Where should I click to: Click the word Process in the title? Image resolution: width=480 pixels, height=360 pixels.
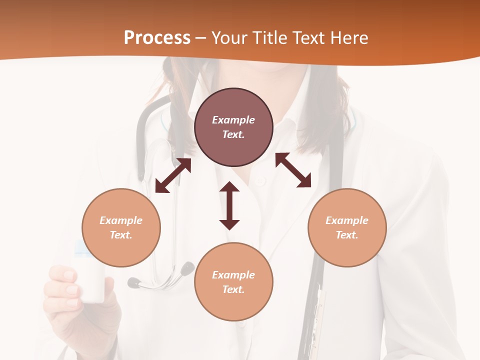click(x=157, y=38)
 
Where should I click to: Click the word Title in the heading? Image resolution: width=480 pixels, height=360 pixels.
click(x=268, y=38)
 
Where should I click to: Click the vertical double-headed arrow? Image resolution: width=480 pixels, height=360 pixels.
click(x=229, y=206)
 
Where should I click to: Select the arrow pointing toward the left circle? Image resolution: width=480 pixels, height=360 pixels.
click(x=173, y=175)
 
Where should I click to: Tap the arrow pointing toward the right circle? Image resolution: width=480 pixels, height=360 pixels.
click(x=293, y=170)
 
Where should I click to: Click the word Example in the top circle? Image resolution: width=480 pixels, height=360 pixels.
click(x=233, y=120)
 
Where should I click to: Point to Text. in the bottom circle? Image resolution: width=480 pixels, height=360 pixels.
click(x=233, y=289)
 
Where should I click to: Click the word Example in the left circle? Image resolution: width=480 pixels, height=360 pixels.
click(x=121, y=220)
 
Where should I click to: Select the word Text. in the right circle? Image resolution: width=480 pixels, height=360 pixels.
click(x=347, y=235)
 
